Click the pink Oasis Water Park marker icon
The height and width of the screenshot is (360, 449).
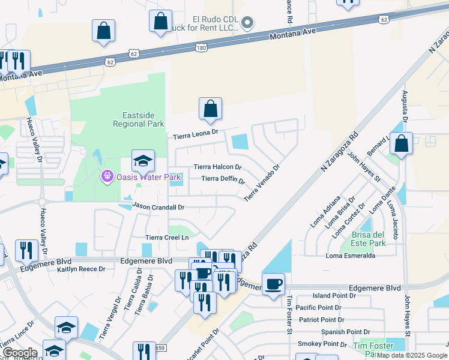[x=107, y=176]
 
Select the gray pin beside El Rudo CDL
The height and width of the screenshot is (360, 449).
[x=248, y=23]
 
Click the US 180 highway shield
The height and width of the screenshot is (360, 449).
[x=200, y=48]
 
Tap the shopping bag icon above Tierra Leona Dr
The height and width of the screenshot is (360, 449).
[x=210, y=109]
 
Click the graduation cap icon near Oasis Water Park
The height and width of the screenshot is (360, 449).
[x=143, y=161]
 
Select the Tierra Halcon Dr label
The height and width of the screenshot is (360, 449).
[x=217, y=167]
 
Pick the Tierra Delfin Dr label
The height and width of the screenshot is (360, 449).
[x=223, y=179]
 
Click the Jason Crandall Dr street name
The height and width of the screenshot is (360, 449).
[x=157, y=206]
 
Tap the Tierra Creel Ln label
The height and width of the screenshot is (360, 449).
[x=168, y=238]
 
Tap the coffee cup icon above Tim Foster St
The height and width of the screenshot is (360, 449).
[x=273, y=284]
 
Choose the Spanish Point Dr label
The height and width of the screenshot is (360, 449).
[x=346, y=332]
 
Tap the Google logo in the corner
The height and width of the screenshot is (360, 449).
[x=20, y=352]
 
